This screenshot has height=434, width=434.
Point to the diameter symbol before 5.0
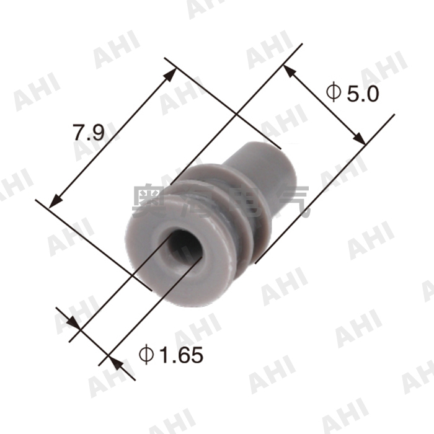333,94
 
